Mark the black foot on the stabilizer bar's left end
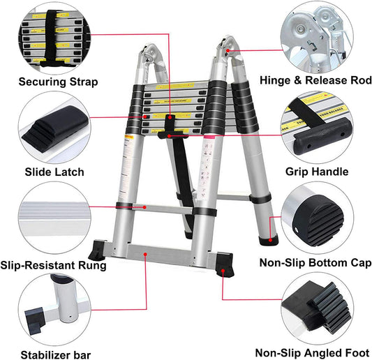coord(97,250)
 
